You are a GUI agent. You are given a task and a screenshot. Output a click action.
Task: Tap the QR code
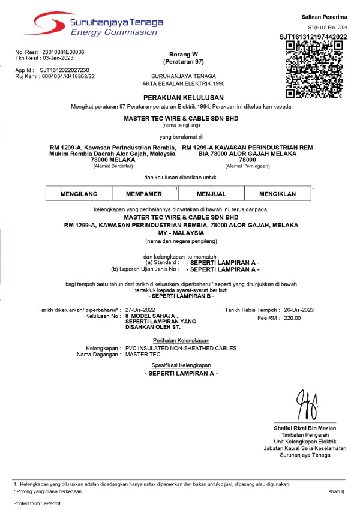313,68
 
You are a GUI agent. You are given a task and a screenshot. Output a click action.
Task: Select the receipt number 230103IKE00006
63,52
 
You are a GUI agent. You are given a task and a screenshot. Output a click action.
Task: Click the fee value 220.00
292,318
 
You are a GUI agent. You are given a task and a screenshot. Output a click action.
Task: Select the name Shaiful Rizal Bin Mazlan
304,428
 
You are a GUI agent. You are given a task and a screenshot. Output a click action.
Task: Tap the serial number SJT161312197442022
313,37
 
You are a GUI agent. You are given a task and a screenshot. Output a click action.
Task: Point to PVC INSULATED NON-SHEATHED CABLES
181,348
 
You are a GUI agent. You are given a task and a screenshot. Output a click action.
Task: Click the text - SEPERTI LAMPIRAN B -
183,296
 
